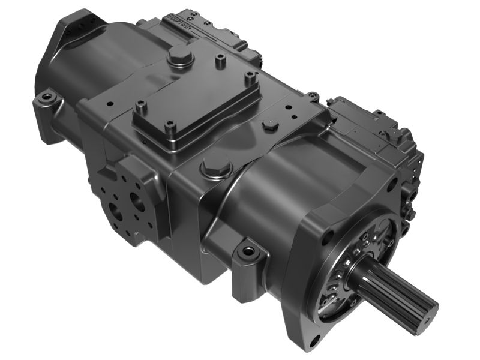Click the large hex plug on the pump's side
[215, 167]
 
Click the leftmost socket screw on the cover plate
[142, 109]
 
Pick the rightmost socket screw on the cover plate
[250, 76]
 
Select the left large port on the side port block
[116, 211]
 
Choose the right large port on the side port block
[140, 202]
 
